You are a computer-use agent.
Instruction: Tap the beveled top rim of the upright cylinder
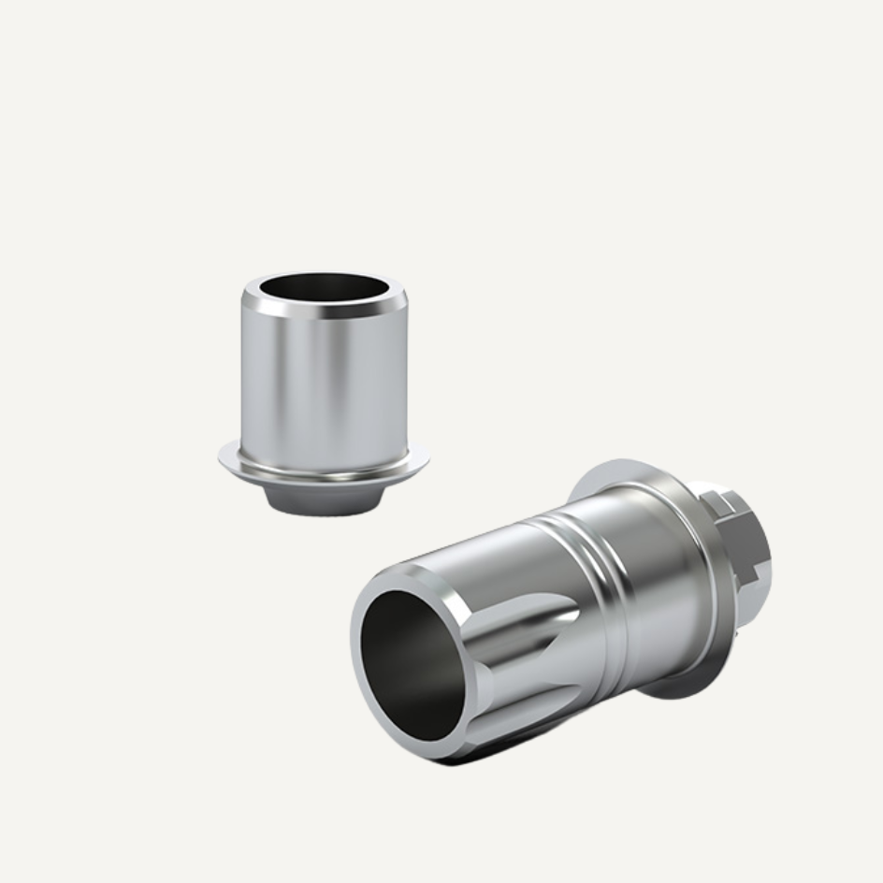(324, 308)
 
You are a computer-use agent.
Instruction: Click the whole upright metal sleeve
(324, 393)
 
